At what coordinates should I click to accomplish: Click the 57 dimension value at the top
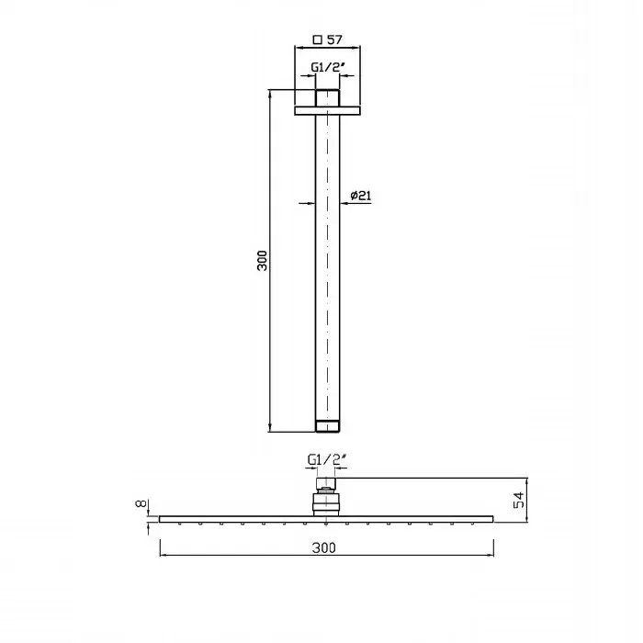point(334,39)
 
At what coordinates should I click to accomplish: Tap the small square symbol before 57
point(318,39)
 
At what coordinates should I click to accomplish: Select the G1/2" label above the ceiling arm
point(326,67)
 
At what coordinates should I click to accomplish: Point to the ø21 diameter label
point(361,196)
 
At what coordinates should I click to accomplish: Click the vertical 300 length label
point(262,260)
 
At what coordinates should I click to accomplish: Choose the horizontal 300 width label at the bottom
point(323,547)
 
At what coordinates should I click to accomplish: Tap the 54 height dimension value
point(519,500)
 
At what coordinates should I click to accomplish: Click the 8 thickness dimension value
point(141,503)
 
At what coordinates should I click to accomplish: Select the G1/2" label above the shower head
point(327,459)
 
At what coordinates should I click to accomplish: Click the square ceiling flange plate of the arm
point(327,111)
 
